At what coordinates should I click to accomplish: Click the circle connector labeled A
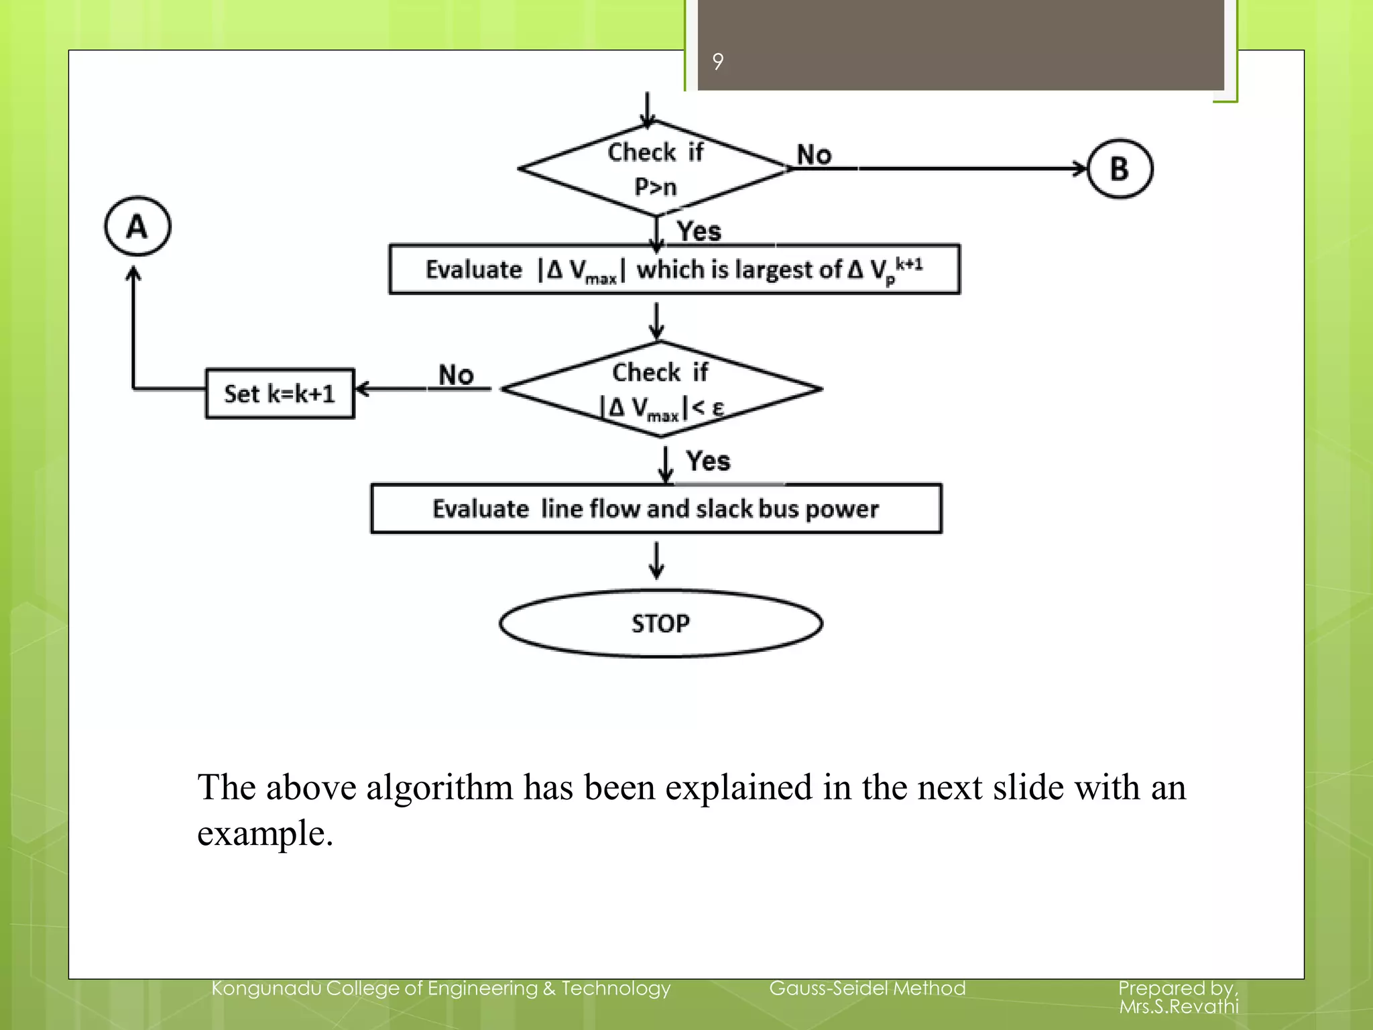137,226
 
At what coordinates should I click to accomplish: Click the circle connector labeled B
1120,168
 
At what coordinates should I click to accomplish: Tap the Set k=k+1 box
280,394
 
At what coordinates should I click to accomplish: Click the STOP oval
660,624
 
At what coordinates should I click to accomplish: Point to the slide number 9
718,62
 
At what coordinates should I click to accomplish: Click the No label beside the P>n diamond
814,155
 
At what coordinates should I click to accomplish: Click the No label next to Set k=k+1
456,375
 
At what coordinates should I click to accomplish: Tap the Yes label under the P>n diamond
699,231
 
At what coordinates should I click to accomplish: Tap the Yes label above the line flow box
708,461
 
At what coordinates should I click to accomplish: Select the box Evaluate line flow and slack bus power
656,509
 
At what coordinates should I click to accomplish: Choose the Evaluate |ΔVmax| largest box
674,270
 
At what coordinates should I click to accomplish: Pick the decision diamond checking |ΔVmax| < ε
661,390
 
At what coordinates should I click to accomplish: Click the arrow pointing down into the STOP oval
657,562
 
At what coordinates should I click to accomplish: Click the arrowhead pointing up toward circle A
134,273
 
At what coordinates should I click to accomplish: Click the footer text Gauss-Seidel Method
867,988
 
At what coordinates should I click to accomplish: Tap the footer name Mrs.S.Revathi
1179,1006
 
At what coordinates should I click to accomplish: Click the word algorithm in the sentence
439,787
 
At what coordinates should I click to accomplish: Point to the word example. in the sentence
265,834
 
